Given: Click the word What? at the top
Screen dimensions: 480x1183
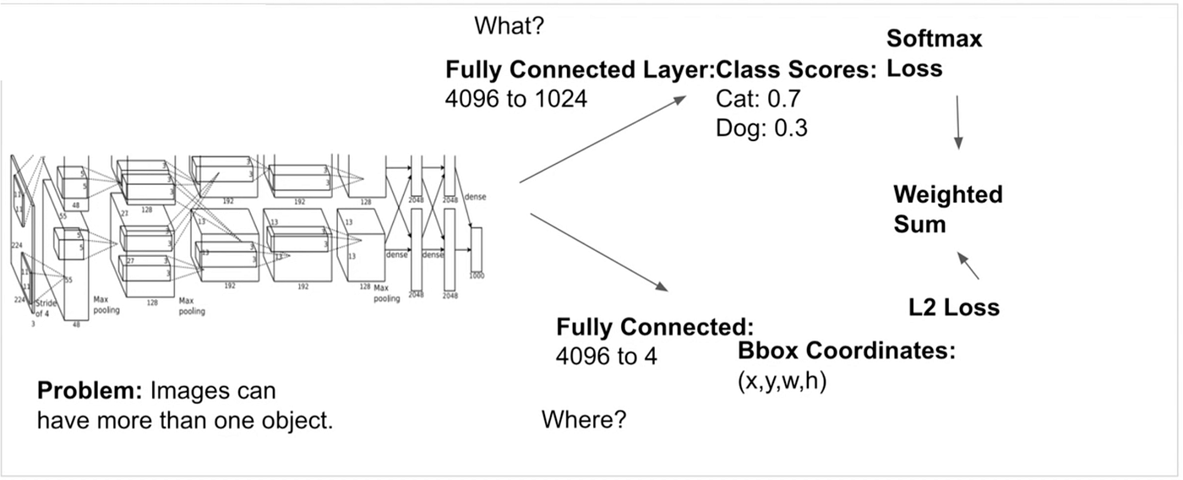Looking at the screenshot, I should pos(509,26).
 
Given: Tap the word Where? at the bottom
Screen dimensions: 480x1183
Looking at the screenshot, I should pos(583,419).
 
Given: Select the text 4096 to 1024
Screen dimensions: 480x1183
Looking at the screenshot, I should pos(515,99).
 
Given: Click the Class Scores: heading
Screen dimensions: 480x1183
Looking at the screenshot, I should pos(796,70).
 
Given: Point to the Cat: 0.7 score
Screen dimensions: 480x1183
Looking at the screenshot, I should pos(758,100).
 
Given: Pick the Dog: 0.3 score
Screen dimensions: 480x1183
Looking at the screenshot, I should pos(760,128).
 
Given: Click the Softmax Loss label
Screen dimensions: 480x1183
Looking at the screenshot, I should pos(934,53).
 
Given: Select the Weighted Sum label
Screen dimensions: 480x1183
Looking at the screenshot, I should pos(948,209).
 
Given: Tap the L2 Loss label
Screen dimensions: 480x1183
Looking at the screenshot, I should pos(954,308).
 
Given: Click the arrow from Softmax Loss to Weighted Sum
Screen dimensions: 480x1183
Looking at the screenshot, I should pos(957,123).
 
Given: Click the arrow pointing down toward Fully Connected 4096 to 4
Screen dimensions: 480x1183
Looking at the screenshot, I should pos(599,253).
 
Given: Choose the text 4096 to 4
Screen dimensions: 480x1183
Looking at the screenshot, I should pos(606,357).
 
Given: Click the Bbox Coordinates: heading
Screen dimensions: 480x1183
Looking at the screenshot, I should pos(846,352).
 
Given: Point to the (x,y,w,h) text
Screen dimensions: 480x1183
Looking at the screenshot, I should pos(782,381).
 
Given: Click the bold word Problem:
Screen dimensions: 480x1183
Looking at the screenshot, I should pos(90,392).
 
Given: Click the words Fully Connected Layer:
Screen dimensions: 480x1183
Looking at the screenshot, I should pos(580,70).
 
